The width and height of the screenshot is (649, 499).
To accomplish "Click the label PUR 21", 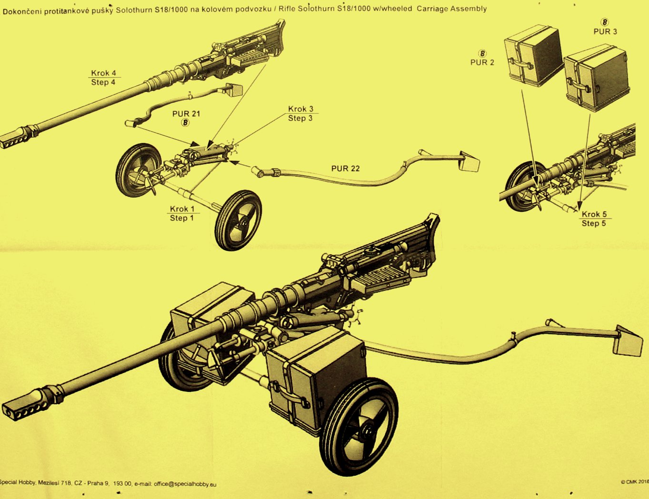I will point(186,114).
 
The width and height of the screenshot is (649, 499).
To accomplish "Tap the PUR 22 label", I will point(345,169).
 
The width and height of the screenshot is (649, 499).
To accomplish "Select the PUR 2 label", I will point(482,62).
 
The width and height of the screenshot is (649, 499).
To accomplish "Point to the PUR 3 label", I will point(605,31).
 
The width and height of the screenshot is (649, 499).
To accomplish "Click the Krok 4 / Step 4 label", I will point(103,78).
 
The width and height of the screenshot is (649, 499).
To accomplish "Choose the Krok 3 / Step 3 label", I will point(300,114).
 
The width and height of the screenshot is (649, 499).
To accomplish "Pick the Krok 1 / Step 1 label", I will point(182,213).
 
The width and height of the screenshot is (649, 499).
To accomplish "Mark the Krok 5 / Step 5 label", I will point(594,219).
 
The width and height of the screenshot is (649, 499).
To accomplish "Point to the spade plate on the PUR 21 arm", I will point(233,89).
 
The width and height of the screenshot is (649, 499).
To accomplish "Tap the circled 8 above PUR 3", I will point(605,22).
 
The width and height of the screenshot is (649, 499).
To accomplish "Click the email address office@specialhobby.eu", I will point(185,484).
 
